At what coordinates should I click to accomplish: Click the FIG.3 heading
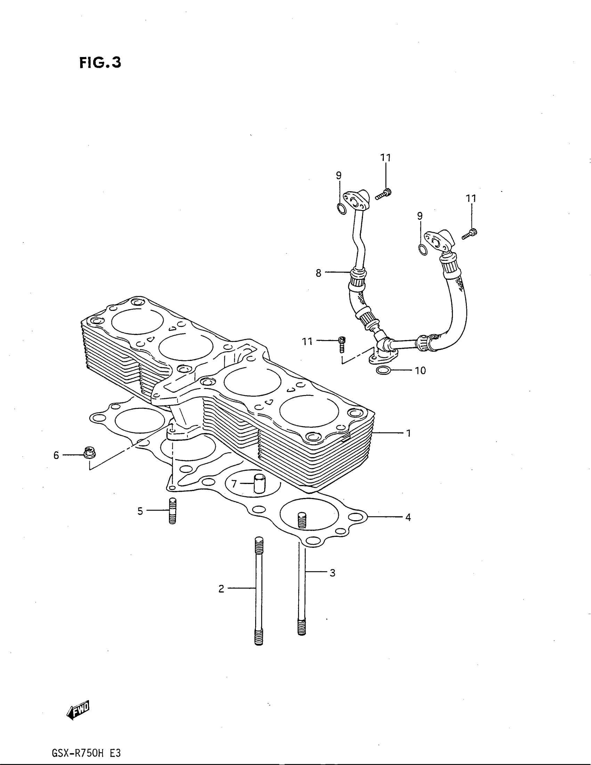tap(100, 63)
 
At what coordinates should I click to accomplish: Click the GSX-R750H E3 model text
tap(86, 751)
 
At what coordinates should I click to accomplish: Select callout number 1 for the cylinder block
tap(408, 433)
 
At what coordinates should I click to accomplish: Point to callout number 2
tap(221, 589)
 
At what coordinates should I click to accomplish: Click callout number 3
tap(332, 573)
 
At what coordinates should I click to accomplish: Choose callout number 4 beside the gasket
tap(408, 517)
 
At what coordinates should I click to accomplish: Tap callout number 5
tap(140, 512)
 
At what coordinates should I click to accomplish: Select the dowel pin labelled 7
tap(259, 483)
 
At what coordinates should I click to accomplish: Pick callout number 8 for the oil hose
tap(318, 273)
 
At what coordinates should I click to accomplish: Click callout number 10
tap(420, 370)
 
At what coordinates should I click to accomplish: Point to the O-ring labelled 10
tap(383, 370)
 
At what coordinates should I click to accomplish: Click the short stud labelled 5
tap(172, 511)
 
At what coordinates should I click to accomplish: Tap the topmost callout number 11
tap(386, 158)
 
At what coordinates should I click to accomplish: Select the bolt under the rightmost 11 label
tap(470, 234)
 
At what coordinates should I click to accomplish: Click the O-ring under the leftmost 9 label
tap(341, 208)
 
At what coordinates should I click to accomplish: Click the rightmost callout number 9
tap(420, 216)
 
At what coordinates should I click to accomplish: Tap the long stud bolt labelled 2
tap(259, 592)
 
